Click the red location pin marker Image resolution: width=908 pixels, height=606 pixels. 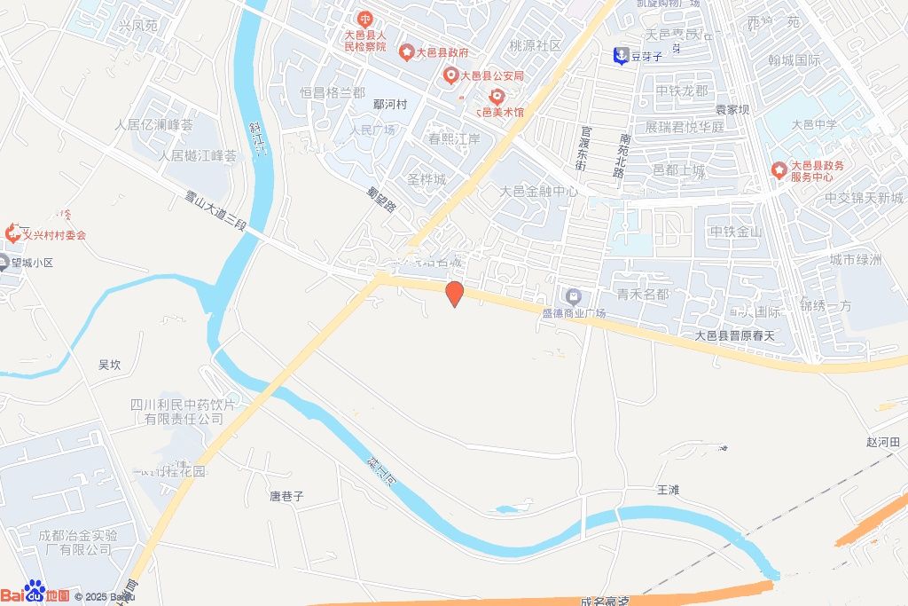(x=454, y=294)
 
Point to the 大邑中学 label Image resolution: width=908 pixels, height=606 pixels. (x=814, y=124)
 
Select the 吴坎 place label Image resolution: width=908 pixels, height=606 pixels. (x=109, y=364)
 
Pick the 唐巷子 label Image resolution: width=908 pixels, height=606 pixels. (x=286, y=496)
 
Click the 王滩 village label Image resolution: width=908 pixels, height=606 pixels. (x=667, y=489)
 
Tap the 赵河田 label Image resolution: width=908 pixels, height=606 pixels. (x=882, y=441)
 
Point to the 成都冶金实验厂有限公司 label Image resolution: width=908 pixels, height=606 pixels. (x=77, y=542)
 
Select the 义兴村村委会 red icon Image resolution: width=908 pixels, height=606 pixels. (x=14, y=233)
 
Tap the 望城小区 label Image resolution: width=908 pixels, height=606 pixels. (x=33, y=263)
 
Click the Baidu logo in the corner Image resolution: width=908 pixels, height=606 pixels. (x=35, y=594)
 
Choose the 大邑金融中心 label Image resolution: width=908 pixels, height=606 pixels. (x=539, y=191)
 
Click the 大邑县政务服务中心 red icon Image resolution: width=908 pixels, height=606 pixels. (x=779, y=169)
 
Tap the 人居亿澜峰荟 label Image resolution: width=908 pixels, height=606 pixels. (x=153, y=124)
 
